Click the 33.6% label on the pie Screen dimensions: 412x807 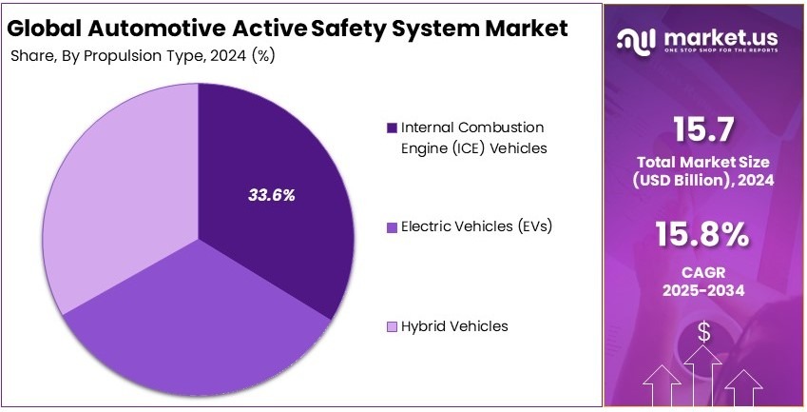pos(271,196)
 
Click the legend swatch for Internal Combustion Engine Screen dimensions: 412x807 pos(392,128)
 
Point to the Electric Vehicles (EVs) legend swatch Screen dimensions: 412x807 pos(392,227)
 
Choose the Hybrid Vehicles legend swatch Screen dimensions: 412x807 pos(392,327)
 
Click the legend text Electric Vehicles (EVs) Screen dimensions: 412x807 pos(476,226)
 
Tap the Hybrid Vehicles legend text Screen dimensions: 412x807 pos(454,326)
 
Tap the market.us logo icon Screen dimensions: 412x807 pos(634,38)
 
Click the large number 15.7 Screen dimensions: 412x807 pos(704,128)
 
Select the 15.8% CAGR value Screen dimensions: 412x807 pos(703,233)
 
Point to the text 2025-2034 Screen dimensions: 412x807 pos(703,288)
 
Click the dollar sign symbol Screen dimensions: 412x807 pos(704,331)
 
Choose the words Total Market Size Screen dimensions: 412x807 pos(704,163)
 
